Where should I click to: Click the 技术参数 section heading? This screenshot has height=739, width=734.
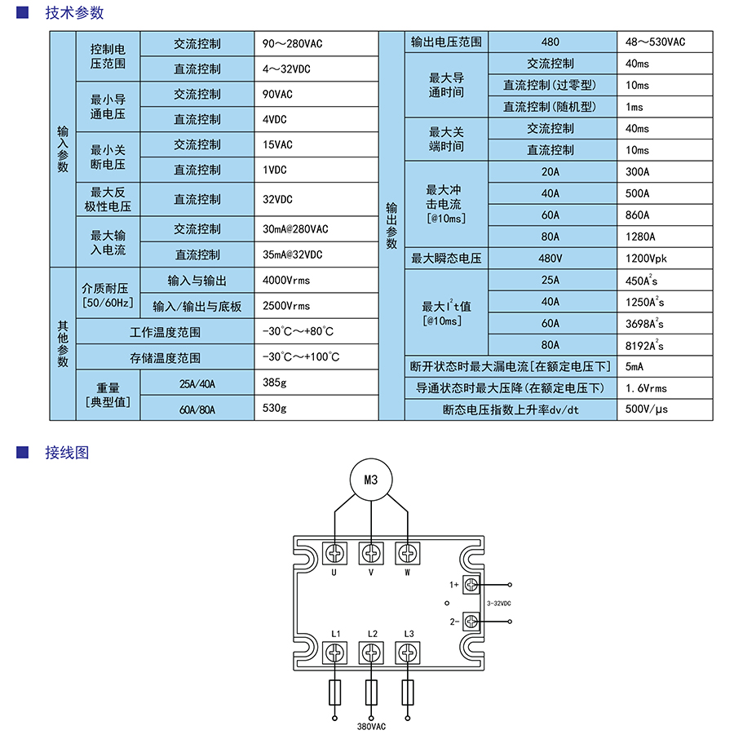click(x=74, y=14)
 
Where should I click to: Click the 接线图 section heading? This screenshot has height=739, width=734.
click(x=67, y=453)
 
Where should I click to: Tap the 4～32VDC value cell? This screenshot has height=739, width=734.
click(x=286, y=69)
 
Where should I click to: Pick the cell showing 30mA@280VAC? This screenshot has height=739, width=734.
click(x=295, y=229)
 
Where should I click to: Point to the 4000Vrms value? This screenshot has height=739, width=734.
click(x=286, y=281)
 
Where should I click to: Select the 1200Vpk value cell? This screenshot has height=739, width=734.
click(x=646, y=259)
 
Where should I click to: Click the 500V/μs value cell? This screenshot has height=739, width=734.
click(x=646, y=409)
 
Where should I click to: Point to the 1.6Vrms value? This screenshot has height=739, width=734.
click(x=646, y=388)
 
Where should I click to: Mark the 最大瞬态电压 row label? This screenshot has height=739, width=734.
click(x=446, y=259)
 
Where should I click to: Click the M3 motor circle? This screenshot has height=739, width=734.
click(x=372, y=480)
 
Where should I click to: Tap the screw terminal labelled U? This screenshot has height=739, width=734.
click(x=334, y=553)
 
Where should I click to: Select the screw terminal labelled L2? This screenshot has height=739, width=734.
click(x=372, y=653)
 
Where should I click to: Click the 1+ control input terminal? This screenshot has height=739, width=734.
click(x=471, y=584)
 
